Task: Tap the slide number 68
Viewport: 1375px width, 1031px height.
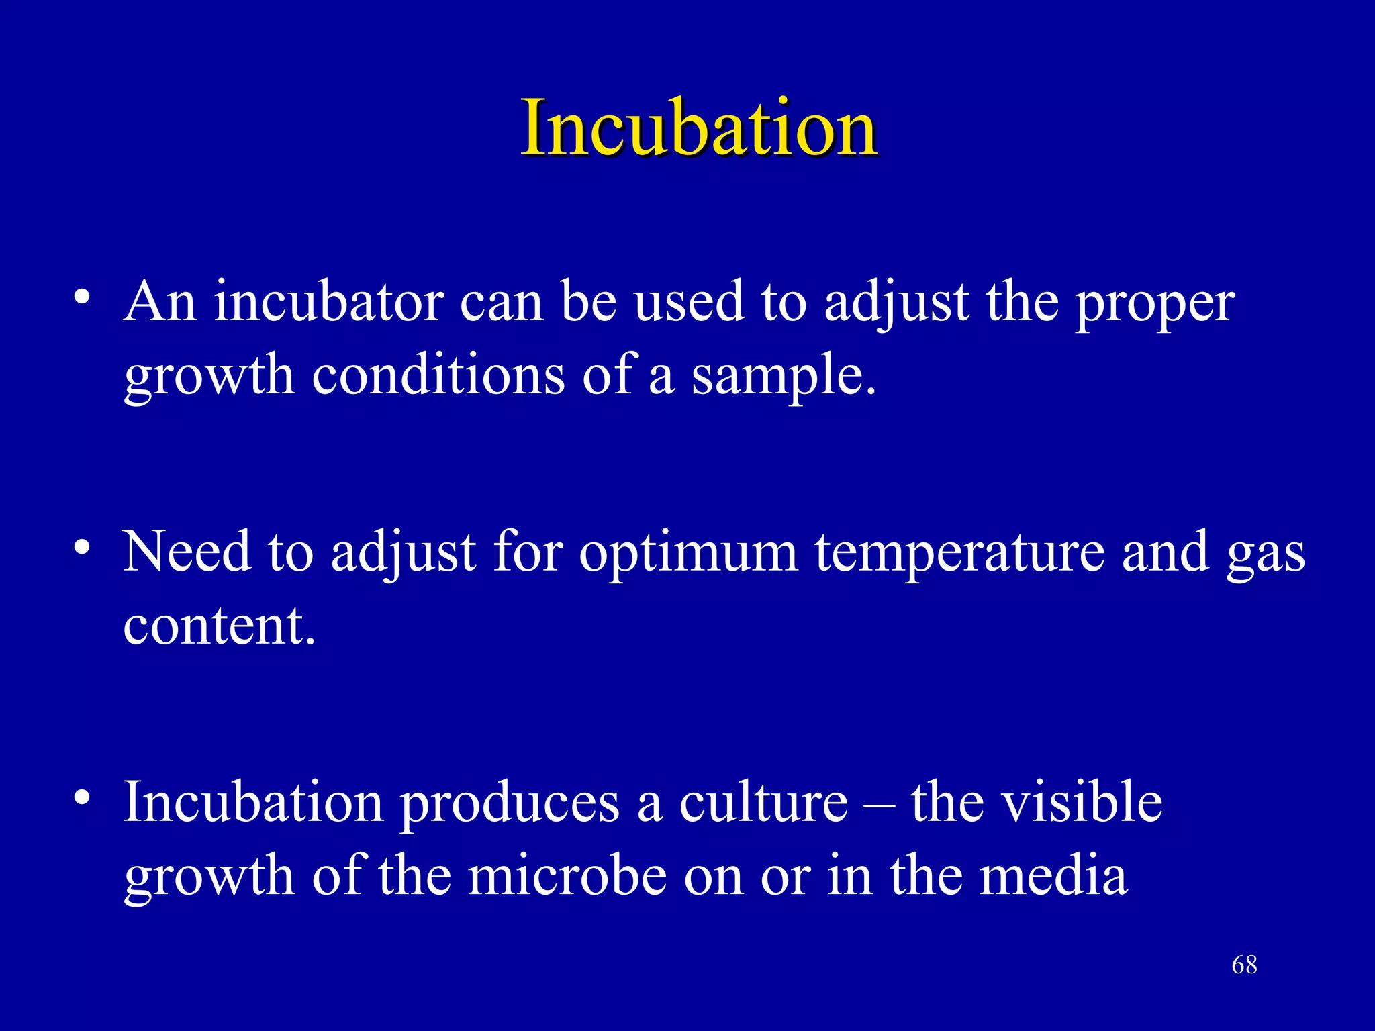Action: coord(1244,965)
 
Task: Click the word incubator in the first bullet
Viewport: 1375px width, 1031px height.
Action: coord(329,302)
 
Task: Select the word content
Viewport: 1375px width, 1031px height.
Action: coord(218,626)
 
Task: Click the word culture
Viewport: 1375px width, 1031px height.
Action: coord(763,803)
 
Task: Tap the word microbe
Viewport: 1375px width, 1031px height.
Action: coord(567,875)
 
